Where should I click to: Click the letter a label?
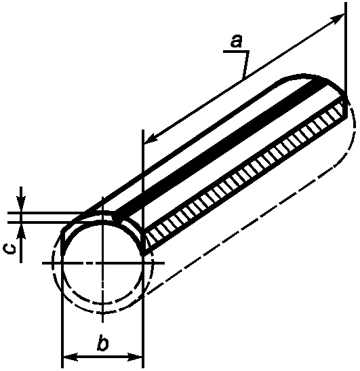tap(237, 41)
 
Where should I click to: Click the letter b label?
tap(103, 342)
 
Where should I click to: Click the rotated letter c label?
tap(10, 249)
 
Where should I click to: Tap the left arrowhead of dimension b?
tap(70, 357)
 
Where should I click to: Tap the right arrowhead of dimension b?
tap(136, 357)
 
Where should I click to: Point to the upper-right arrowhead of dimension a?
tap(338, 18)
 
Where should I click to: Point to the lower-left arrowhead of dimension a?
tap(151, 139)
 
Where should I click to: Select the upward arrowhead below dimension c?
tap(21, 231)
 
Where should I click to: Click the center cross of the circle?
tap(102, 262)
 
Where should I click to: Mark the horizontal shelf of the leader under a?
tap(236, 52)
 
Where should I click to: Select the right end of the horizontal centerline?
tap(164, 262)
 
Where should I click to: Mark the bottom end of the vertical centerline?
tap(102, 321)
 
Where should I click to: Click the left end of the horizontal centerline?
tap(43, 262)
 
